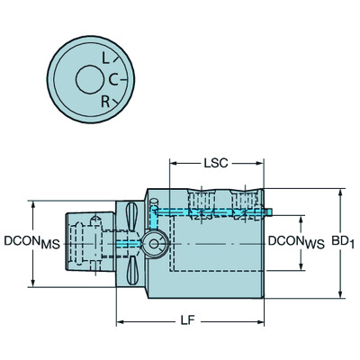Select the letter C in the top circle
113,79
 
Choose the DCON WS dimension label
293,242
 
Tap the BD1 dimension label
342,242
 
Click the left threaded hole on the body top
203,203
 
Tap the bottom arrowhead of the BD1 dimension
340,293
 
